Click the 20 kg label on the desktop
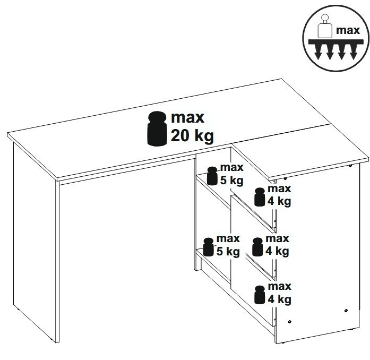(x=192, y=136)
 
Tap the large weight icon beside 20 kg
(x=157, y=128)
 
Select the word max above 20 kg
(x=187, y=117)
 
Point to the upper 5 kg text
(x=231, y=181)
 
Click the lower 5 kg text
(x=228, y=252)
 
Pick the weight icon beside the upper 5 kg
(x=212, y=176)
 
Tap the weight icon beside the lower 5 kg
(x=209, y=247)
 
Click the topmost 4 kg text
(x=279, y=202)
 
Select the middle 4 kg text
(x=277, y=251)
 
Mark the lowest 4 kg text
(x=279, y=299)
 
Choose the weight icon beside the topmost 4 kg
(x=260, y=197)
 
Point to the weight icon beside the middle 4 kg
(x=257, y=247)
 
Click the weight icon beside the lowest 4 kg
(x=260, y=295)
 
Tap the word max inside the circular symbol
(x=348, y=30)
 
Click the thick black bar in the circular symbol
(x=335, y=42)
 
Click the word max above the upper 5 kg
(x=232, y=167)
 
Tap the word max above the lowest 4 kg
(x=280, y=286)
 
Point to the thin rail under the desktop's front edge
(x=127, y=170)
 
